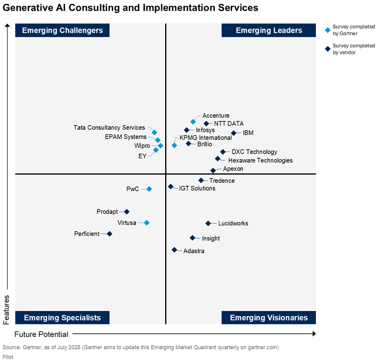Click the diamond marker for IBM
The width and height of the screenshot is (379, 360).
tap(234, 133)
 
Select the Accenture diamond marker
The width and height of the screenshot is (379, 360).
tap(193, 122)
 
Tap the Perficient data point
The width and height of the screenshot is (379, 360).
tap(109, 234)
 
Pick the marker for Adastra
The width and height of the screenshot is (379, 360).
tap(175, 250)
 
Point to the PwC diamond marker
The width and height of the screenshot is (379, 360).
tap(149, 189)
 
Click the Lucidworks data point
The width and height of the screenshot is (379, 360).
tap(208, 223)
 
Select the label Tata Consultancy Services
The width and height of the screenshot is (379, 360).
tap(109, 128)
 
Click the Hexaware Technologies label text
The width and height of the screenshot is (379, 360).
tap(260, 161)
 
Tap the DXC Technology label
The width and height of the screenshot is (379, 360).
tap(254, 152)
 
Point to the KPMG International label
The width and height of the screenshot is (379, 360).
tap(205, 138)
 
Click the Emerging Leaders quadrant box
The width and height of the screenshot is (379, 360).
tap(269, 30)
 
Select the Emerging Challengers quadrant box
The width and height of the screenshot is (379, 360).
tap(62, 30)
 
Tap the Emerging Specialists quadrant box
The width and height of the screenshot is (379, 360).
tap(62, 318)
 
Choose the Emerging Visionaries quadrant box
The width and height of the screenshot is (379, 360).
tap(269, 318)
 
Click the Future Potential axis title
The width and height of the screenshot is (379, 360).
tap(41, 334)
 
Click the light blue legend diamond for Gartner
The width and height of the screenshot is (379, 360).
tap(328, 30)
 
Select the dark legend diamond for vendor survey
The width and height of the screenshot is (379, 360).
tap(328, 49)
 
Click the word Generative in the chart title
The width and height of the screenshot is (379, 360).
tap(28, 8)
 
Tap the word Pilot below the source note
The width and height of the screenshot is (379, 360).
tap(9, 356)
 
